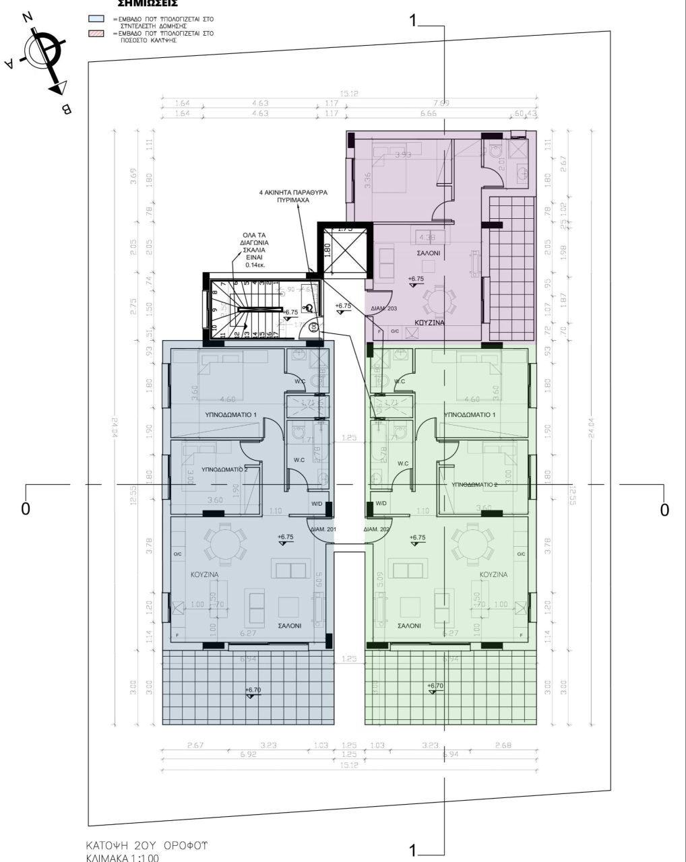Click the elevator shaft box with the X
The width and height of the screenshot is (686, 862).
tap(344, 251)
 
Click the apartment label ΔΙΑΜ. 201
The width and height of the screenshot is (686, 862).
tap(323, 530)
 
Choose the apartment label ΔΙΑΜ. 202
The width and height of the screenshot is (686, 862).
tap(377, 530)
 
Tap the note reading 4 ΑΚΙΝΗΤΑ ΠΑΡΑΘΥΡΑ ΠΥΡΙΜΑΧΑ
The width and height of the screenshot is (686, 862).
tap(293, 196)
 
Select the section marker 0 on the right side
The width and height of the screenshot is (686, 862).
tap(664, 510)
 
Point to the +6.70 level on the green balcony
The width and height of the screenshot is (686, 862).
tap(435, 686)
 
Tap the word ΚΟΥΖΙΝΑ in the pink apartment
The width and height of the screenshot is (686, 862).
tap(429, 323)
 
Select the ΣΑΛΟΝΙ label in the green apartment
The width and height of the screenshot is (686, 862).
tap(409, 626)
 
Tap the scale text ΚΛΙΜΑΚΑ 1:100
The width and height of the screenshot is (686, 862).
tap(122, 857)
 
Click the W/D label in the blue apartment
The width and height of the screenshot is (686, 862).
tap(317, 504)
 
